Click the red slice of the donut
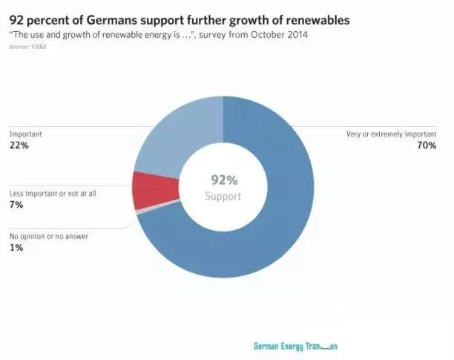click(x=155, y=190)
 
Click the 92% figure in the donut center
click(x=223, y=180)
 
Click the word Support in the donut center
click(x=223, y=196)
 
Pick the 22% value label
click(x=19, y=145)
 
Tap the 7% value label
click(x=16, y=206)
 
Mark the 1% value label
click(x=16, y=248)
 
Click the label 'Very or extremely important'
click(x=392, y=134)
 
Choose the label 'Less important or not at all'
click(x=54, y=194)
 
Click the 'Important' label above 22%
click(x=25, y=134)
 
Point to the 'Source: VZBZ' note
click(x=28, y=47)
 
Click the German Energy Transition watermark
click(x=295, y=347)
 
